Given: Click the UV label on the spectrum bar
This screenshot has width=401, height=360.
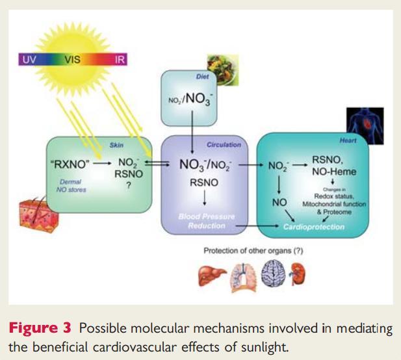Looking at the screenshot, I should coord(29,60).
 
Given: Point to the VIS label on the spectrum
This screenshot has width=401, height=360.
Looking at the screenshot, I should coord(73,60).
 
